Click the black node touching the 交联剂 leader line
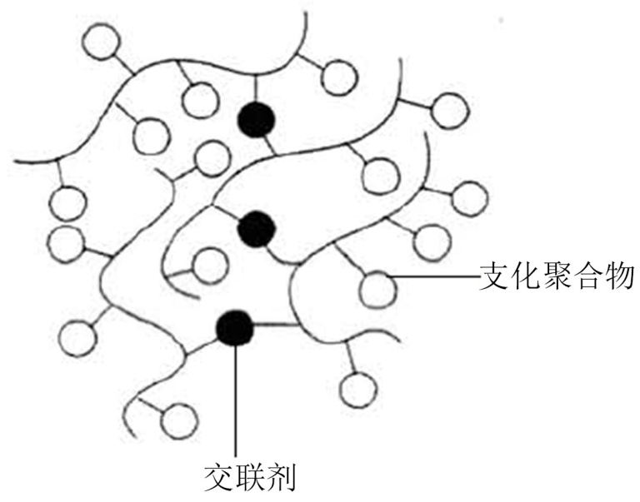(x=234, y=328)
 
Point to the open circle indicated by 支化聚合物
(x=379, y=288)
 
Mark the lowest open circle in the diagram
(x=181, y=419)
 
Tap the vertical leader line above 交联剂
(x=236, y=400)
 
